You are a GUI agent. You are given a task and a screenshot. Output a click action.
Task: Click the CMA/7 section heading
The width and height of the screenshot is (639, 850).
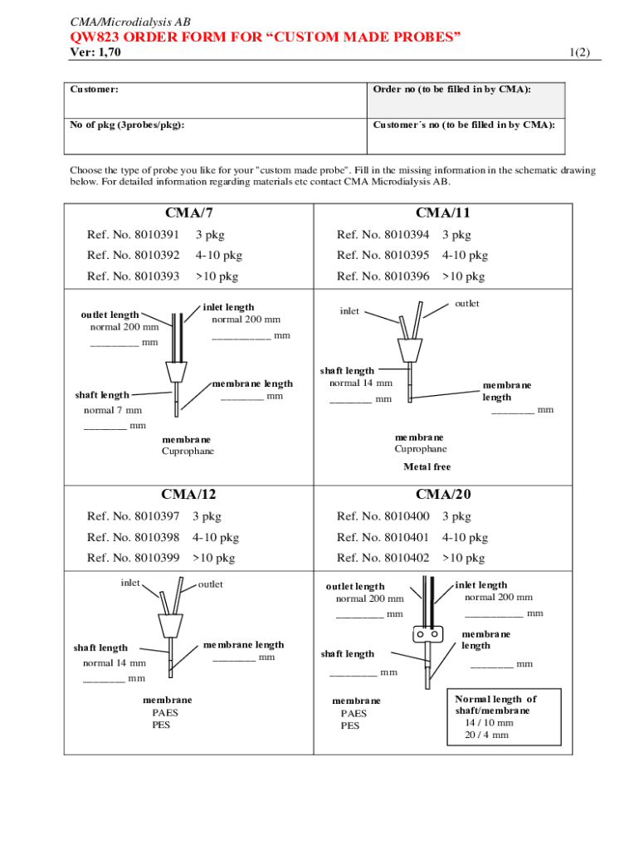coord(188,213)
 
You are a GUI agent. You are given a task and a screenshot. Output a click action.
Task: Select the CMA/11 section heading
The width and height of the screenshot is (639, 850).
coord(443,213)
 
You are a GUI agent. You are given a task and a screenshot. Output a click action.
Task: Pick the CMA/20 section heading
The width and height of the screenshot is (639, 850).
coord(443,495)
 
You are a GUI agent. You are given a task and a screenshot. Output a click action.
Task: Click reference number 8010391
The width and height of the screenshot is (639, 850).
coord(133,235)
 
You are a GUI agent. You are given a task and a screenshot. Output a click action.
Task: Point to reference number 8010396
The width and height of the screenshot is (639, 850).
coord(383,276)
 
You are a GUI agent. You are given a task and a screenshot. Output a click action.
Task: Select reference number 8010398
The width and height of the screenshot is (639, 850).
coord(133,537)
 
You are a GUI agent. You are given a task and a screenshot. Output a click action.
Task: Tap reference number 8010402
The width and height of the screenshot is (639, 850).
coord(383,558)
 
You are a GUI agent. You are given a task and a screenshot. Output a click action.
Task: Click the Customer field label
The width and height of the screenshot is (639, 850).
coord(94,88)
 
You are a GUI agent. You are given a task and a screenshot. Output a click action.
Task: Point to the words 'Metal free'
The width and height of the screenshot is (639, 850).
coord(427,467)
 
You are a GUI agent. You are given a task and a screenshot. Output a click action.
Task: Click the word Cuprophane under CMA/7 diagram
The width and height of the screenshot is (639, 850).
coord(188,451)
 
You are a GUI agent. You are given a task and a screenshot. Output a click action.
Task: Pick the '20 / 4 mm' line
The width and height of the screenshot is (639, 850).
coord(487,735)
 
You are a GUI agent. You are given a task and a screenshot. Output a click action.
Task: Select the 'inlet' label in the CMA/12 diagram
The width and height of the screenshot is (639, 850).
coord(129,583)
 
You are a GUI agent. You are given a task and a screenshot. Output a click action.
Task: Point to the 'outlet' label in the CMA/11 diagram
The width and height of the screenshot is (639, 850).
coord(466,304)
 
